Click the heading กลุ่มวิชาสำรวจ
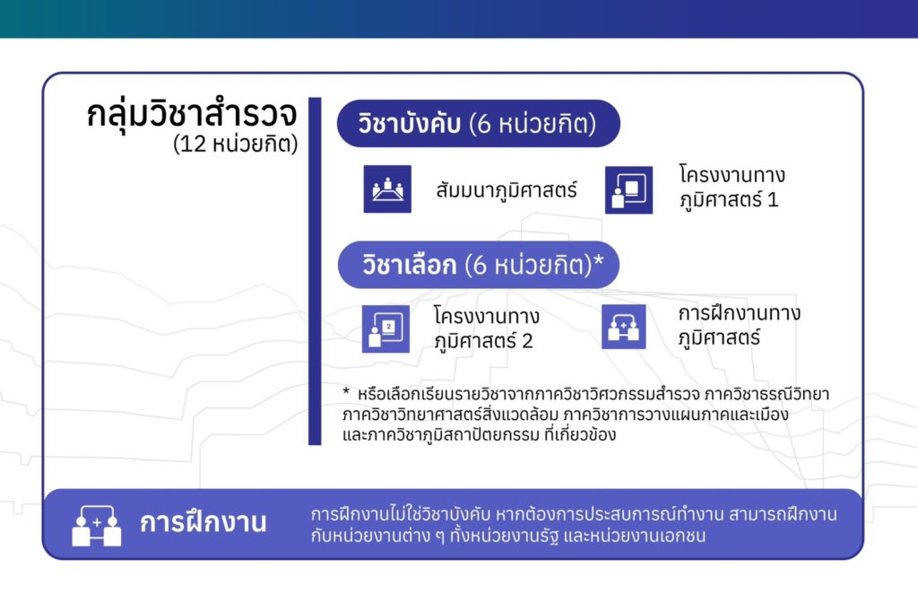192,114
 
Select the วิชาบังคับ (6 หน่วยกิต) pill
479,124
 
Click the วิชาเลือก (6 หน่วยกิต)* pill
479,265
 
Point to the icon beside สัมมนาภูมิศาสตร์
387,188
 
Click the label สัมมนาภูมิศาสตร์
507,190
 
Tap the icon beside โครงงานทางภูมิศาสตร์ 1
628,190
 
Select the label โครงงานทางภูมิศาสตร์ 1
732,187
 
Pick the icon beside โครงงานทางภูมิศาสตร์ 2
385,328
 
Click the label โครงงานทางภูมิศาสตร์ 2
487,328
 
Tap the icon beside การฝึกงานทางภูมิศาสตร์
624,327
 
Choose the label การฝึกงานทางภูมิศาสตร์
739,325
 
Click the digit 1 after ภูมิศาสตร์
773,200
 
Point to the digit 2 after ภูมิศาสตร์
527,341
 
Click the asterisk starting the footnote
346,391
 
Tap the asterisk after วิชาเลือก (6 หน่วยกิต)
598,259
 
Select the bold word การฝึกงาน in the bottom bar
204,522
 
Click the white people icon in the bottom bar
97,526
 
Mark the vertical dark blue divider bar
315,271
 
